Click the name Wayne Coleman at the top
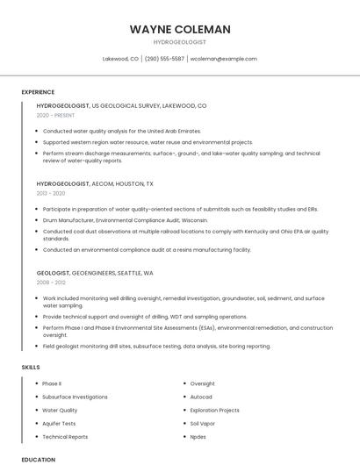180,29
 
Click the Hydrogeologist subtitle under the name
180,41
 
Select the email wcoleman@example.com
224,59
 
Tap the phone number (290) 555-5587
164,59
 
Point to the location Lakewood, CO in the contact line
120,59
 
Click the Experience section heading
38,92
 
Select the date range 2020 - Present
55,115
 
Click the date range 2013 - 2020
51,193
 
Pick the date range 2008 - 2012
51,283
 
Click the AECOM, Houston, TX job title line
95,184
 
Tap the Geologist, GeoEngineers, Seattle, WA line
95,273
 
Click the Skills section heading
30,367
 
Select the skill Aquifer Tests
59,423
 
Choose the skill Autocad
201,397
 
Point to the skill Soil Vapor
203,423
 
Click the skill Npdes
198,436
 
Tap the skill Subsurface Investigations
75,397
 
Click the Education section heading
38,459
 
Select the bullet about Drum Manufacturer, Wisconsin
125,220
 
